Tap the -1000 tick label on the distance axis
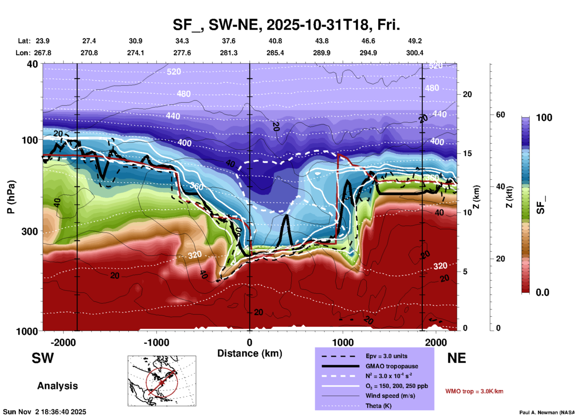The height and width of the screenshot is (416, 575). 156,343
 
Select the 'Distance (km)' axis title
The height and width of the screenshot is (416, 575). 250,353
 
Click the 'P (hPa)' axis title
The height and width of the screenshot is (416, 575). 11,197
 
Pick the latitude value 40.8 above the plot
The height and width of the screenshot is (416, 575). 275,41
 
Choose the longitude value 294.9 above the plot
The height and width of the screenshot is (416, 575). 368,53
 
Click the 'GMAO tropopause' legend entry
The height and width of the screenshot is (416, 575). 391,366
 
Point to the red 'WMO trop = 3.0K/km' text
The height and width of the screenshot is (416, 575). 474,391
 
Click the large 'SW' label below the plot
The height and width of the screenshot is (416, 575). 43,358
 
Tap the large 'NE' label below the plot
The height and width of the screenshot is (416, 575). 456,358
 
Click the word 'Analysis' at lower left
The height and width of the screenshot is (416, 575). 57,386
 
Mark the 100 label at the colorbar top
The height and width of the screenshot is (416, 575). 544,118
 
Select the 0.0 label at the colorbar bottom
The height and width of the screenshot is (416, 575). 542,292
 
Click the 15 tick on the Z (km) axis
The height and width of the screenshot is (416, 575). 467,153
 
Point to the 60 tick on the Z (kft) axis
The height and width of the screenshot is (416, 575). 500,115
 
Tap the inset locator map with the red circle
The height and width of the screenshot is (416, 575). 162,380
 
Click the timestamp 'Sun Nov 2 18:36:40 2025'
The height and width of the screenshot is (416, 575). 44,412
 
